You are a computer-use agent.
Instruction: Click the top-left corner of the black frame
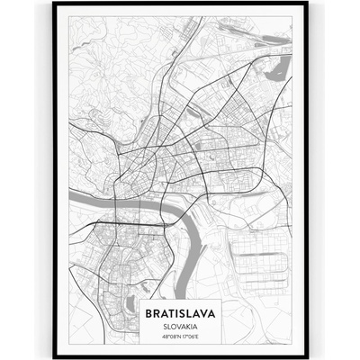[x=54, y=4]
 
